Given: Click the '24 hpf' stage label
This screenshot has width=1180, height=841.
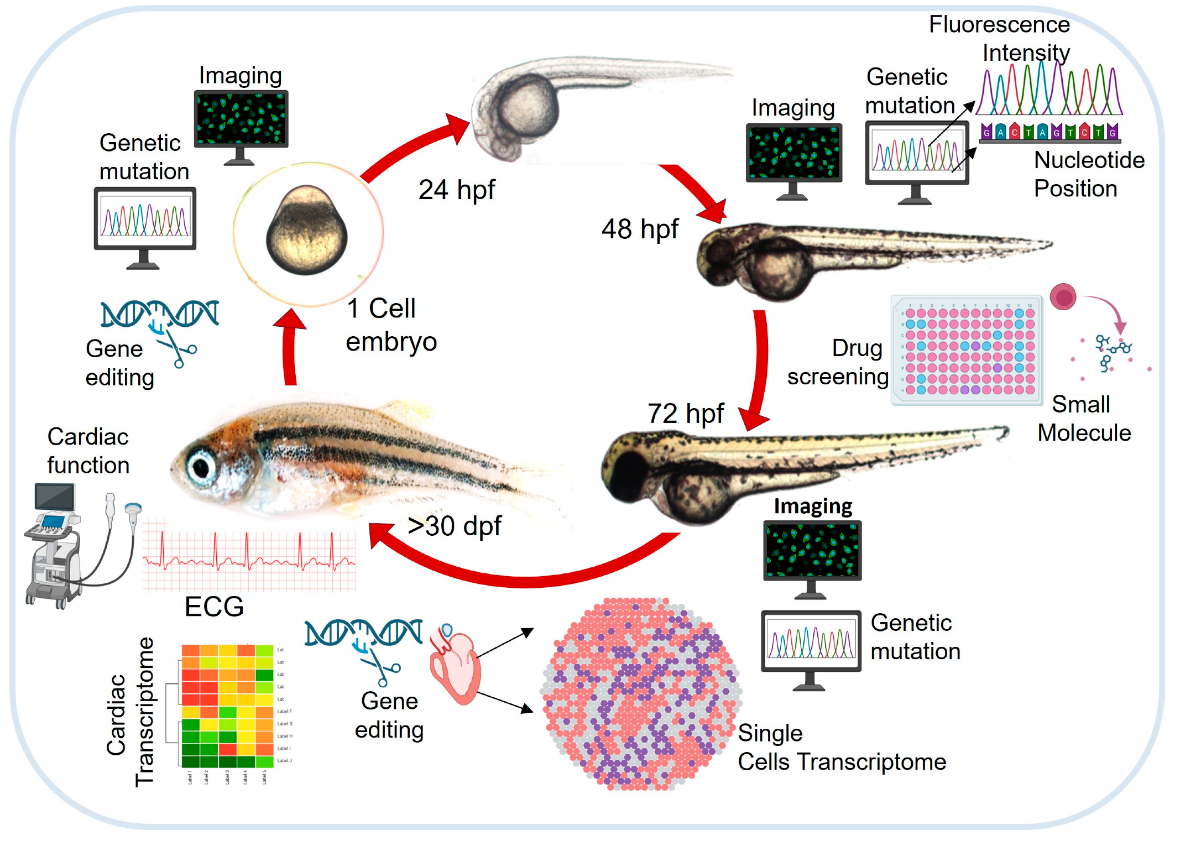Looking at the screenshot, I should tap(456, 190).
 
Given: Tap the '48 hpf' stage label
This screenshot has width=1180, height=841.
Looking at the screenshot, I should tap(640, 229).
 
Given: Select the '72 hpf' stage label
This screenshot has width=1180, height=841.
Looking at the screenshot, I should tap(685, 414).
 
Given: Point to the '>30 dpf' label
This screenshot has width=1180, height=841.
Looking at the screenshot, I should tap(454, 526).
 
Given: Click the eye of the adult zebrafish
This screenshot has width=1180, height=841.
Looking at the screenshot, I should tap(200, 468).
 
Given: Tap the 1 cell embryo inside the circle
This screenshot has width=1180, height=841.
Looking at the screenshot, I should tap(307, 231).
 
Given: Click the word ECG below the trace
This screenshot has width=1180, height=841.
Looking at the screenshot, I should tap(214, 607).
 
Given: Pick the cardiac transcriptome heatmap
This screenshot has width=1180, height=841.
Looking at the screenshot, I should tap(227, 706).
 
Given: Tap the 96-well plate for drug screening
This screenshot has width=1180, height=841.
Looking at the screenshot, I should tap(967, 351).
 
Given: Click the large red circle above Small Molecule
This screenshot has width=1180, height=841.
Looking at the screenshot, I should tap(1063, 297).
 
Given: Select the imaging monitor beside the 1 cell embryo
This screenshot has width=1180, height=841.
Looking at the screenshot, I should tap(241, 119).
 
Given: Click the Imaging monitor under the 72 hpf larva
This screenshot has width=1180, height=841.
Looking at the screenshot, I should tap(812, 551).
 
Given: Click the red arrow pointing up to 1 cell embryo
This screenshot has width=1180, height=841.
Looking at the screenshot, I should tap(290, 348).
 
